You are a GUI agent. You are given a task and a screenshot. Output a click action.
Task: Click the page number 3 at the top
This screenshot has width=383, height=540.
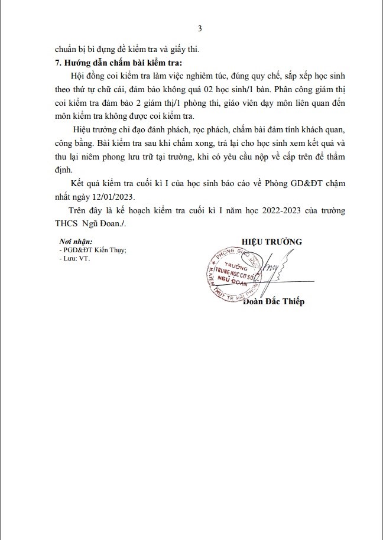199,28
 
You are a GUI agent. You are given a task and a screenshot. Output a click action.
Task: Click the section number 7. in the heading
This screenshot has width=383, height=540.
58,63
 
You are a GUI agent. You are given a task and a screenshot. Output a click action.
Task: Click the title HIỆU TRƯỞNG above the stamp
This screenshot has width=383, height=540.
271,241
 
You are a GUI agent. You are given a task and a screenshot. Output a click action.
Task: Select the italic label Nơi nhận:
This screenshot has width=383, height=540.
76,242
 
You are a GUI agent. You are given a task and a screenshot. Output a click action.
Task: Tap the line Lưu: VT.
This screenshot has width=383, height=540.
73,258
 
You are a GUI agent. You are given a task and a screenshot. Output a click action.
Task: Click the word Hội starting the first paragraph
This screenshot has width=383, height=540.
77,77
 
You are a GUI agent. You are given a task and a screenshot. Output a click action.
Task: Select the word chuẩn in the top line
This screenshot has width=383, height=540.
67,49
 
